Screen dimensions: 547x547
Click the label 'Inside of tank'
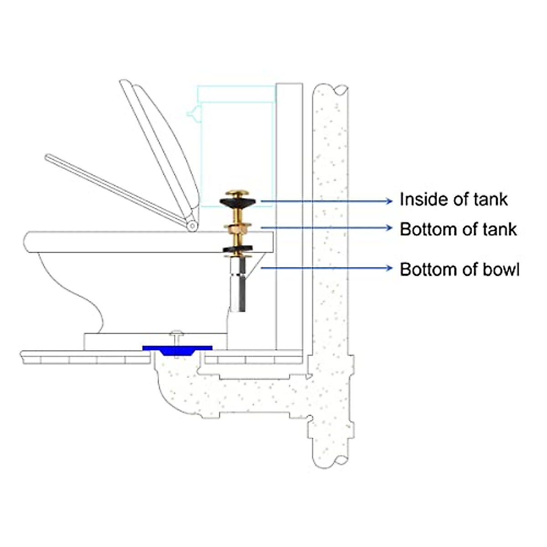tap(453, 200)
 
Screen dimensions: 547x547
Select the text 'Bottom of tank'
tap(458, 229)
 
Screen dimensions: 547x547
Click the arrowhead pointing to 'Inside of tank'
tap(389, 201)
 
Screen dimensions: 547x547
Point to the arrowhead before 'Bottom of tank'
tap(389, 227)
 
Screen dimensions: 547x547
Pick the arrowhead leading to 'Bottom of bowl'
tap(389, 268)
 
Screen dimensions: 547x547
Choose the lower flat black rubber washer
tap(238, 250)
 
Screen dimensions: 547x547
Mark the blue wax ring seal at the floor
tap(177, 350)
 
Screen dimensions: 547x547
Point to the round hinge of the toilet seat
tap(192, 225)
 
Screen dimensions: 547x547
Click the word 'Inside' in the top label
tap(418, 200)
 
